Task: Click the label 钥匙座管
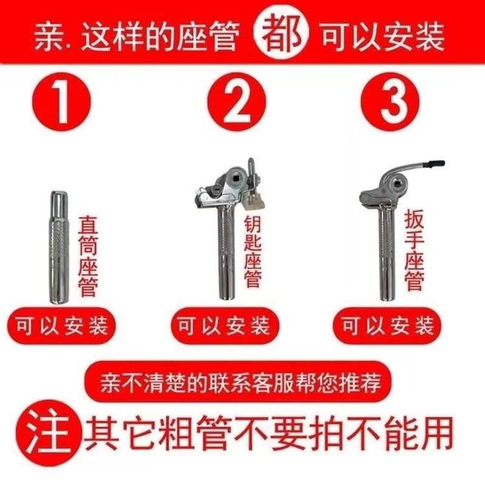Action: (x=253, y=249)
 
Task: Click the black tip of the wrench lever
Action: (x=435, y=163)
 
